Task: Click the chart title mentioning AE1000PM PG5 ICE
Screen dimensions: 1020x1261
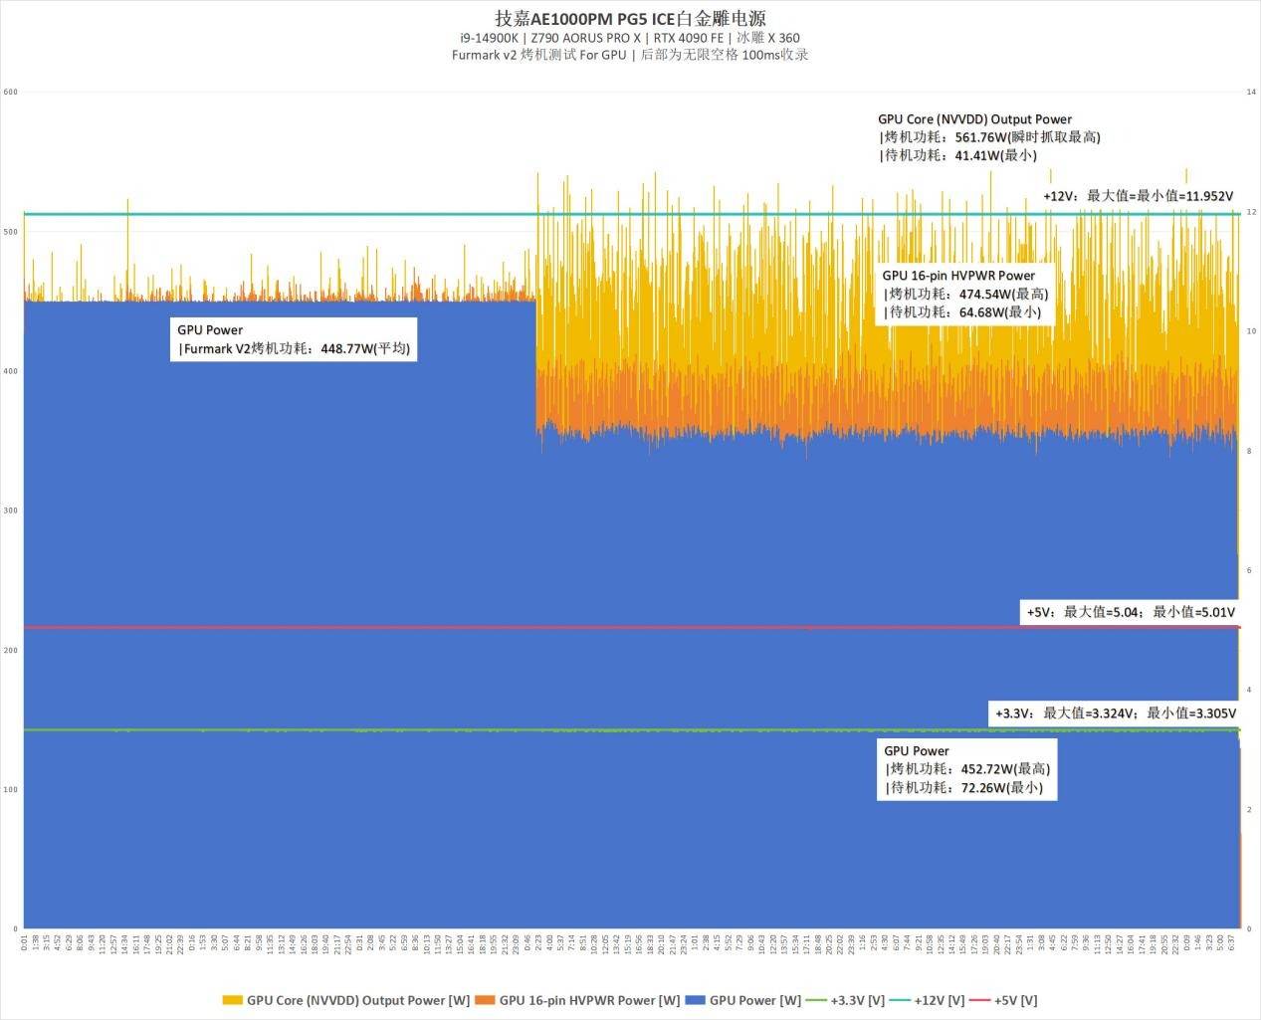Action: (630, 18)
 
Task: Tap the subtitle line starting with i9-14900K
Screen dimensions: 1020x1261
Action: (630, 38)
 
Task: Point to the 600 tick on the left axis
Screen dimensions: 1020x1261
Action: (11, 93)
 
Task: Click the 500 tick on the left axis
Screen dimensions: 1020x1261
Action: (11, 232)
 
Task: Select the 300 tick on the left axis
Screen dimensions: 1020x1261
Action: (11, 510)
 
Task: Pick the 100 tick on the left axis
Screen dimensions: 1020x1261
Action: (11, 790)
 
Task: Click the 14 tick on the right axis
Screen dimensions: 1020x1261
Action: (1251, 93)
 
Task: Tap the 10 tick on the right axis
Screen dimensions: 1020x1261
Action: (1251, 331)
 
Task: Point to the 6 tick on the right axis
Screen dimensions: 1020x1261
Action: (1250, 571)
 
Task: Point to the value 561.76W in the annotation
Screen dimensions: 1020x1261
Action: (980, 137)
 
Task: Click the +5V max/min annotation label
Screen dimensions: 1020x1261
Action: (1131, 612)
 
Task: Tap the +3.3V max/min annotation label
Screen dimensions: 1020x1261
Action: (1116, 714)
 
